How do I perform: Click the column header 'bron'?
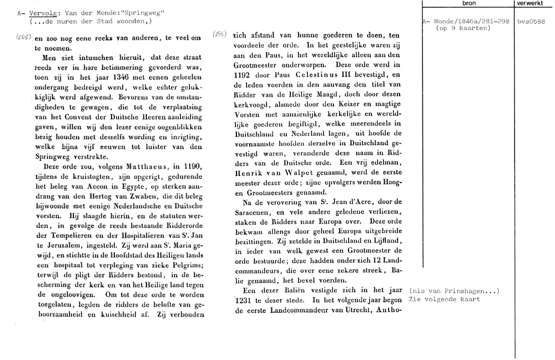click(x=468, y=3)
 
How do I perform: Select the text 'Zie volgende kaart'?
click(x=444, y=300)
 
